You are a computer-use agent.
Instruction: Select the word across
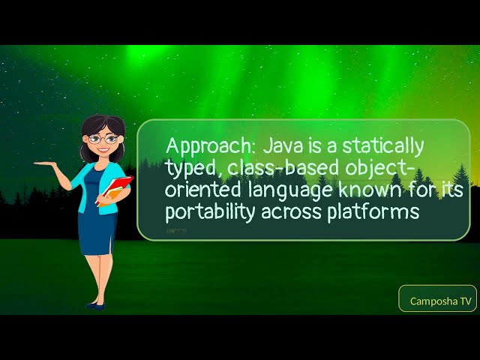292,212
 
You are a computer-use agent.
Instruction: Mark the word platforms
372,212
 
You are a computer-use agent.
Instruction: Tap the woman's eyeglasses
103,139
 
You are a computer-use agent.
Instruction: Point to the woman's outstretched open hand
45,163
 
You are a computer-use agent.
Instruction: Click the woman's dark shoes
95,304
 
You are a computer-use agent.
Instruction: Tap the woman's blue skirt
97,232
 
